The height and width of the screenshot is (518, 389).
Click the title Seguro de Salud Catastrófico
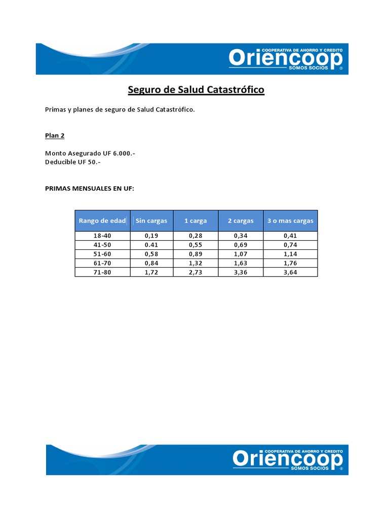pyautogui.click(x=196, y=90)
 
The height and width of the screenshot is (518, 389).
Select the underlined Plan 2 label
pyautogui.click(x=55, y=136)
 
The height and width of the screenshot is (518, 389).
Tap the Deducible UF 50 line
pyautogui.click(x=76, y=161)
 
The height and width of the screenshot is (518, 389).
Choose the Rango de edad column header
pyautogui.click(x=102, y=221)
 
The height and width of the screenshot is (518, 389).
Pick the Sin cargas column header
pyautogui.click(x=151, y=221)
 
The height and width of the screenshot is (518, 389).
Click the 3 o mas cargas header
pyautogui.click(x=290, y=221)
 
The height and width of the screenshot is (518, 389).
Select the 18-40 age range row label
pyautogui.click(x=102, y=236)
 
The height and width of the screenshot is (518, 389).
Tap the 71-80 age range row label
pyautogui.click(x=102, y=272)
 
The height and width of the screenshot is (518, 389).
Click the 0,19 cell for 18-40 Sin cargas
pyautogui.click(x=151, y=236)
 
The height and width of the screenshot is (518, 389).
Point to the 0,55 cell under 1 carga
pyautogui.click(x=195, y=245)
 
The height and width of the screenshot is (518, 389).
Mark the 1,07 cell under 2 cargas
pyautogui.click(x=241, y=254)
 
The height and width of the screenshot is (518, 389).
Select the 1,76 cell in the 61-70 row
pyautogui.click(x=290, y=263)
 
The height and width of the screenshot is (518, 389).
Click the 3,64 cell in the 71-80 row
pyautogui.click(x=290, y=272)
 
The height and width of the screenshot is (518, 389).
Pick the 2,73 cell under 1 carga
pyautogui.click(x=195, y=272)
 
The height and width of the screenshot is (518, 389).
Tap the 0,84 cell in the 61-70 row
pyautogui.click(x=151, y=263)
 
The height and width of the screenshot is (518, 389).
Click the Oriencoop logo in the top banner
pyautogui.click(x=286, y=59)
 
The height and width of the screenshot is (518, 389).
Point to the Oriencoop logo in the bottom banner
pyautogui.click(x=288, y=459)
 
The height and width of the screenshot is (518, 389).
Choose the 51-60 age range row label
pyautogui.click(x=102, y=254)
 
